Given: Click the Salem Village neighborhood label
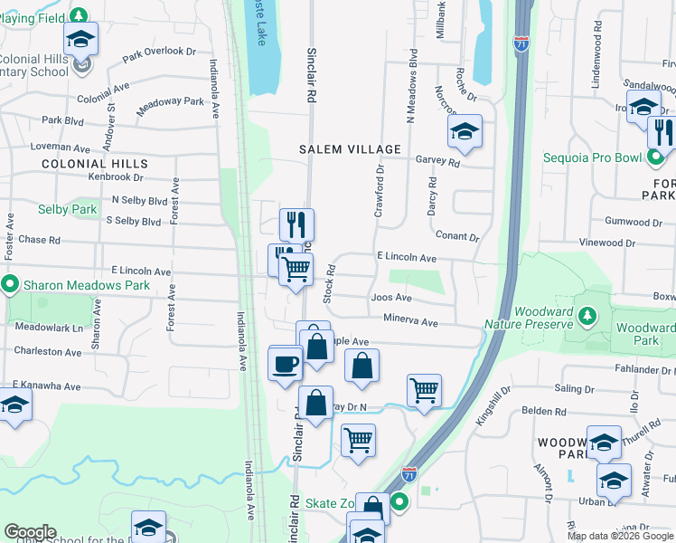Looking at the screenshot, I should tap(352, 148).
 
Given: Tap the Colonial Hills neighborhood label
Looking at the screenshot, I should tap(94, 163).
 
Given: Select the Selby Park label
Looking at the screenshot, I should tap(67, 209).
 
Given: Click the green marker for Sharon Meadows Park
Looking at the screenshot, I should tap(10, 285).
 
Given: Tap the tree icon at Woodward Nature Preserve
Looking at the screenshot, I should tap(587, 314).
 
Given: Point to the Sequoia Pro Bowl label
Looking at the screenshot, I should tap(592, 157).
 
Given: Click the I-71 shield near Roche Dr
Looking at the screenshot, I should tap(521, 43).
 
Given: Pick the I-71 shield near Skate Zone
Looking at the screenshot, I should tap(409, 473).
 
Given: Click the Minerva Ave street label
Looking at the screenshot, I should tap(410, 321).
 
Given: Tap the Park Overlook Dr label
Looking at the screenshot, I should tap(159, 53).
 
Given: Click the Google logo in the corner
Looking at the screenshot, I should tap(30, 532).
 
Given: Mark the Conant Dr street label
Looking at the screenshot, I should tap(456, 236).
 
